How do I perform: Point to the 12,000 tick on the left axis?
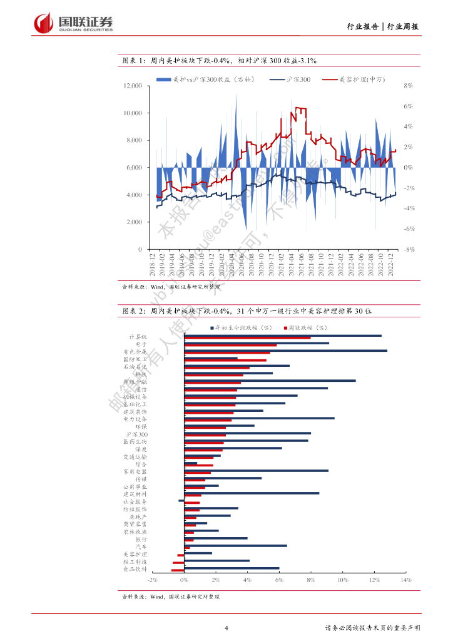(x=133, y=86)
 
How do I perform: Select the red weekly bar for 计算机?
(x=247, y=338)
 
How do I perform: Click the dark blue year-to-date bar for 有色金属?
(x=285, y=351)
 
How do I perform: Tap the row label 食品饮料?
(x=135, y=570)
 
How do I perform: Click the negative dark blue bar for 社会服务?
(x=181, y=500)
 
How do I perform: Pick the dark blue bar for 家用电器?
(x=256, y=470)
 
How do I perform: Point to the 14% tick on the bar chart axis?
(x=405, y=581)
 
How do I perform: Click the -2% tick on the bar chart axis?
(x=153, y=581)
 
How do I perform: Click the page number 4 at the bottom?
(x=227, y=628)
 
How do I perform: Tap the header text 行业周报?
(x=403, y=26)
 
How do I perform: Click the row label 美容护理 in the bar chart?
(x=135, y=555)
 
